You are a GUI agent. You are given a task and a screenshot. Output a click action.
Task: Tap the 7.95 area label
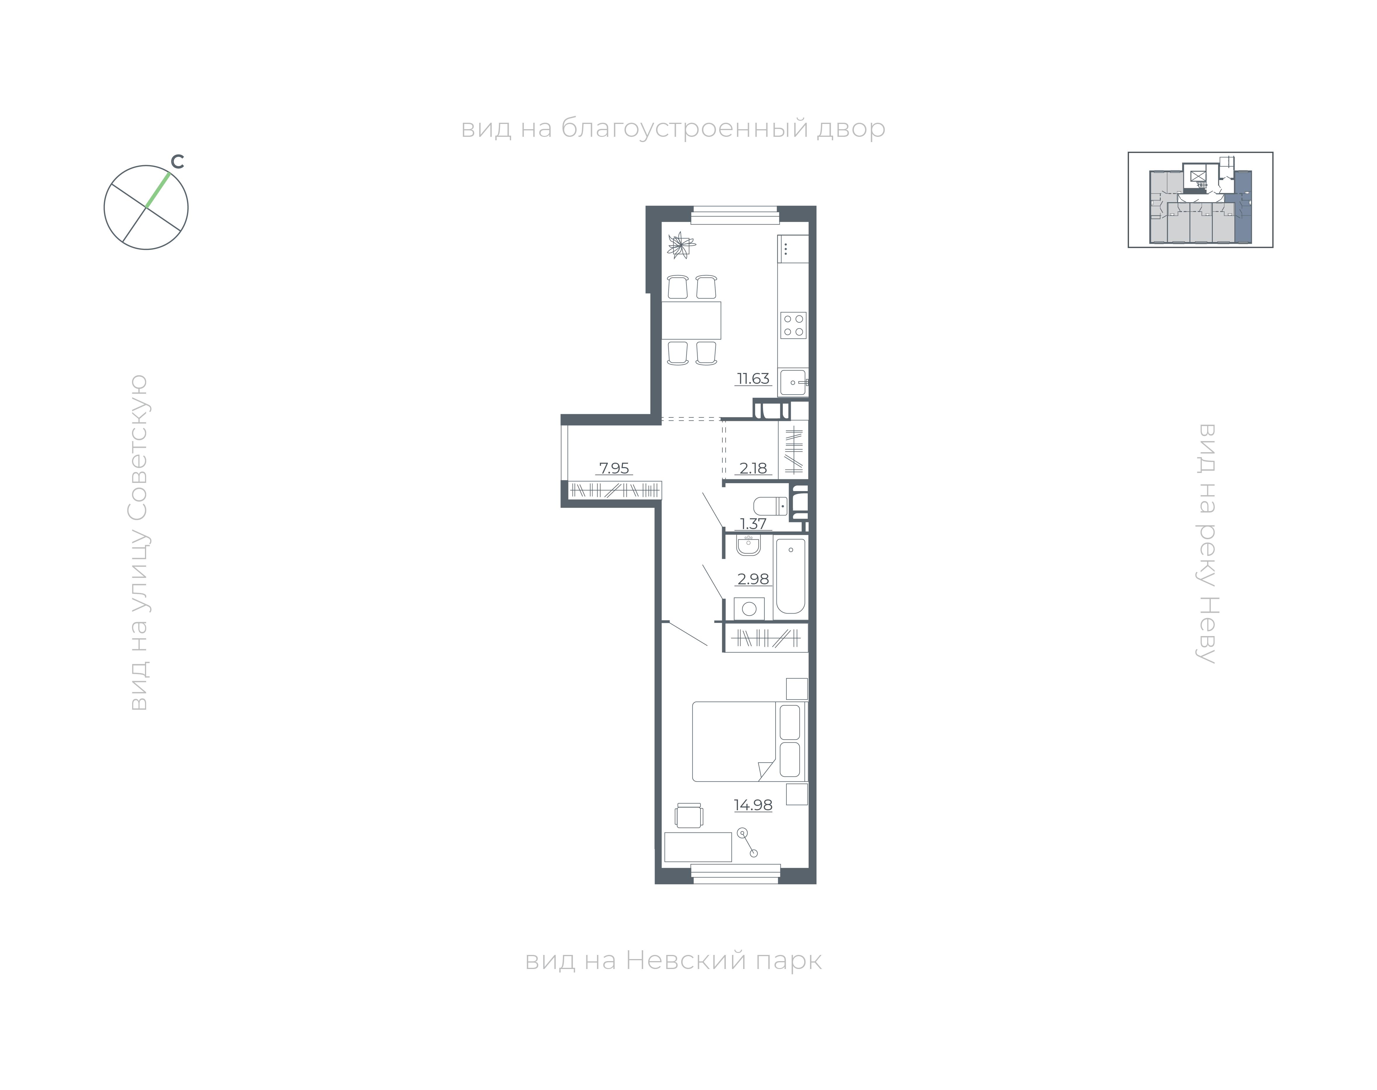(614, 468)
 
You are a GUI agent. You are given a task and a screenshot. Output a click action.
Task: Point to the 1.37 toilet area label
(753, 523)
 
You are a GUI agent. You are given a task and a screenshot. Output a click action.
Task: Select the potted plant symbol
(681, 245)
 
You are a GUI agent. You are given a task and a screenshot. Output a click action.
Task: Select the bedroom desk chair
(689, 816)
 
